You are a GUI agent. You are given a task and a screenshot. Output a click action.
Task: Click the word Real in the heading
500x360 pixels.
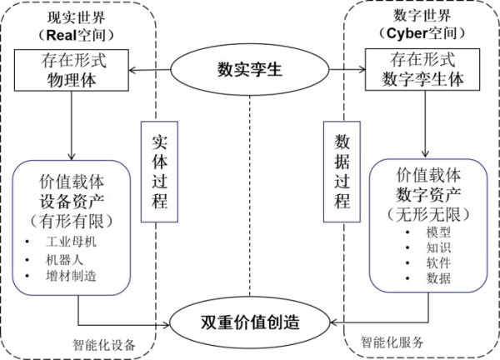tap(61, 35)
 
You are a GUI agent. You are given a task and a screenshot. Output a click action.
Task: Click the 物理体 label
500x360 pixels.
tap(72, 79)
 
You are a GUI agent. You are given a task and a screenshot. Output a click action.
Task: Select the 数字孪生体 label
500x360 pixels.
tap(422, 79)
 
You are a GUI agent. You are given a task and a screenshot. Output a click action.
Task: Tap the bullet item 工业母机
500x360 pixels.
tap(71, 242)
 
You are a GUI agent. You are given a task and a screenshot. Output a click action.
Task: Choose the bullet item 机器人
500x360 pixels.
tap(64, 260)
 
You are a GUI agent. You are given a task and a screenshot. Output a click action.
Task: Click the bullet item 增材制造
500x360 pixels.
tap(71, 276)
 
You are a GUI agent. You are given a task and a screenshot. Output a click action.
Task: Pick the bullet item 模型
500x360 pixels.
tap(438, 232)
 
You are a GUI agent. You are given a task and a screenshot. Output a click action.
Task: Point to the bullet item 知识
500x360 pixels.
tap(438, 247)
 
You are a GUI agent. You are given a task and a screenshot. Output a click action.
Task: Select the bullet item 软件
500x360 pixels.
tap(438, 263)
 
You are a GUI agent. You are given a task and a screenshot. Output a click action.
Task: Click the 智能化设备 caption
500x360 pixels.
tap(104, 345)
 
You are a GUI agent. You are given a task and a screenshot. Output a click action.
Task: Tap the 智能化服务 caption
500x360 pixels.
tap(392, 342)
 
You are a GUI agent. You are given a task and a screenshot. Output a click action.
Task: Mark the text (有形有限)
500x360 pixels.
tap(72, 221)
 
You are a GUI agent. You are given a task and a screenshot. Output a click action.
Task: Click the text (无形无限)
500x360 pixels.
tap(428, 214)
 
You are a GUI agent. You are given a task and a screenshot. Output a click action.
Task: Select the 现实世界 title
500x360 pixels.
tap(77, 17)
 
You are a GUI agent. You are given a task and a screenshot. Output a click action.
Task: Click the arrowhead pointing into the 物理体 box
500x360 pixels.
tap(132, 70)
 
